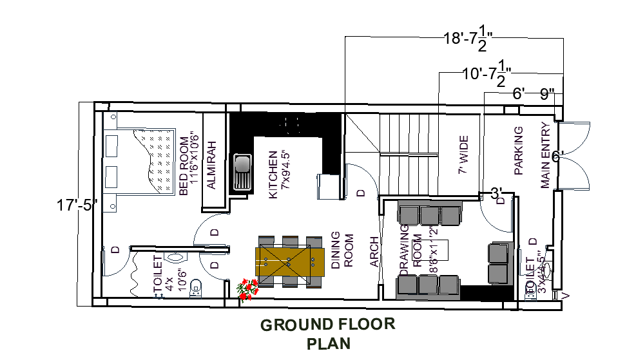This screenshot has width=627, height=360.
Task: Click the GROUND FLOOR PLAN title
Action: [328, 334]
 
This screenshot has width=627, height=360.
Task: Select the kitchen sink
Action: [242, 172]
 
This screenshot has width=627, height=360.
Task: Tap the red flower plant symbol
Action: [246, 290]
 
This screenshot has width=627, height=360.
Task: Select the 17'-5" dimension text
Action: [77, 206]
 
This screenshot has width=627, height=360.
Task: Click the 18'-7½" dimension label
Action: [468, 39]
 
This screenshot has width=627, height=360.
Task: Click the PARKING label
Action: [519, 151]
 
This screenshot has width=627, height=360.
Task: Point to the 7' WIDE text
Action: [462, 155]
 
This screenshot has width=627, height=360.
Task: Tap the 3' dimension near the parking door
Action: [497, 193]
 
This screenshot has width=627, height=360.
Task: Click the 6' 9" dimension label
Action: [534, 94]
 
